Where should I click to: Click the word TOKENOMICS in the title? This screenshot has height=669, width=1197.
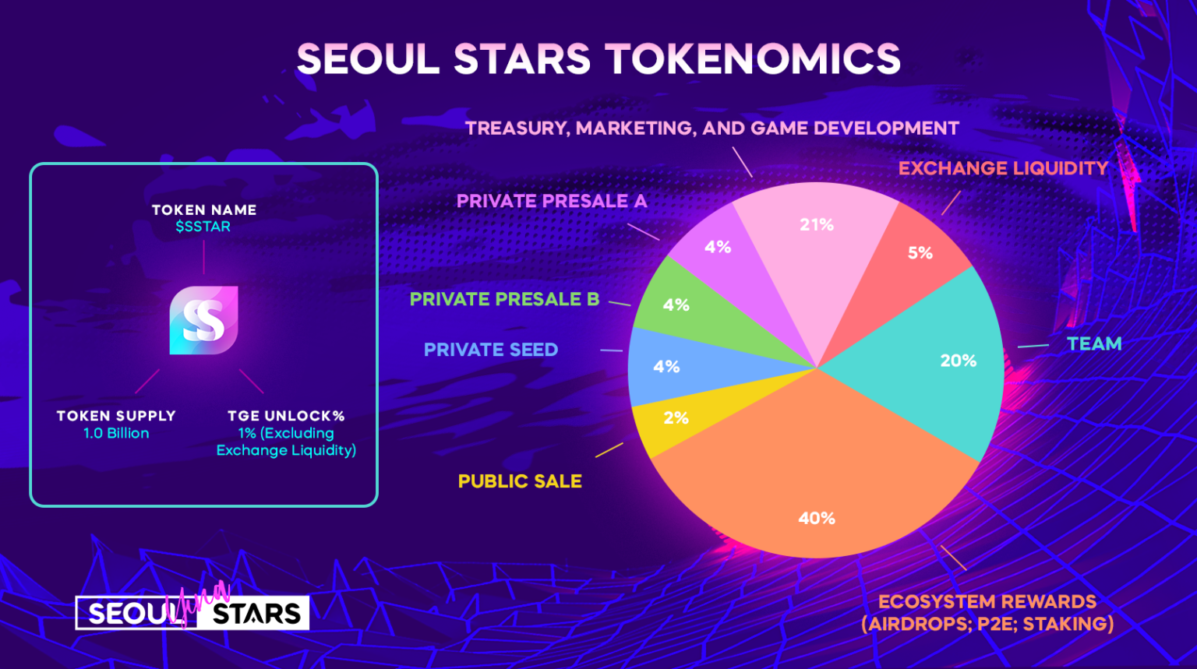pos(754,58)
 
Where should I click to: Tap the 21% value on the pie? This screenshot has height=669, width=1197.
pos(817,225)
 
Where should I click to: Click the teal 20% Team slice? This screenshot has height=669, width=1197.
pos(941,363)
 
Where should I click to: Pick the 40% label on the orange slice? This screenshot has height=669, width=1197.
pos(817,518)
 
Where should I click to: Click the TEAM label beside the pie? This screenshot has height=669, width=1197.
pos(1094,343)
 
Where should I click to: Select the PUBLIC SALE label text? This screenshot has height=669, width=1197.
pos(520,481)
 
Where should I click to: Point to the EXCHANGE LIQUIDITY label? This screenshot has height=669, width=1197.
pos(1003,168)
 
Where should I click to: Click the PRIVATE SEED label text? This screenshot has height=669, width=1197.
pos(490,350)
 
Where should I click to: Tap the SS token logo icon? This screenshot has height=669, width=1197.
pos(203,320)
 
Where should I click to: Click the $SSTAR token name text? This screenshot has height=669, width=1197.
pos(203,227)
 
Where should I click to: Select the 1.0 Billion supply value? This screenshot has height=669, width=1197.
pos(116,433)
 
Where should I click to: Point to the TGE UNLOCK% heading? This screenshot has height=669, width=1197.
pos(286,416)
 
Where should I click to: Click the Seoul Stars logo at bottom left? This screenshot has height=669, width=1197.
pos(192,611)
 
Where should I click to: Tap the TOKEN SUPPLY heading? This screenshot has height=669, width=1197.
pos(116,416)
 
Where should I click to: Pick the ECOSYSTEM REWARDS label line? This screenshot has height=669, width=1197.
pos(987,602)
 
